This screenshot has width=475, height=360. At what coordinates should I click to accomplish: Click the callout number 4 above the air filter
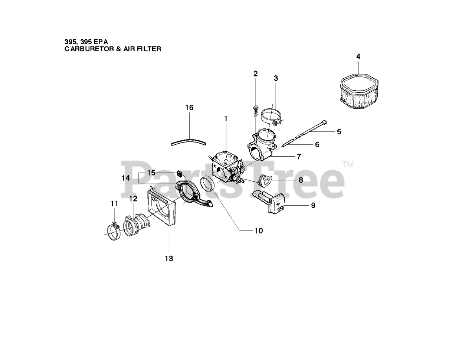358,57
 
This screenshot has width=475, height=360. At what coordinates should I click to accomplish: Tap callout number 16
189,108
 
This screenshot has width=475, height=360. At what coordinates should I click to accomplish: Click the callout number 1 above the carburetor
225,119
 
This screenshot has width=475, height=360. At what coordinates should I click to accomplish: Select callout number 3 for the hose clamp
276,78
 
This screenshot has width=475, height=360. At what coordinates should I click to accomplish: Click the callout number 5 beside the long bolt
339,131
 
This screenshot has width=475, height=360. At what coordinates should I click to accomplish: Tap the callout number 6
317,145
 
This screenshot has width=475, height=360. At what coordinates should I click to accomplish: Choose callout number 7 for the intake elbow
299,157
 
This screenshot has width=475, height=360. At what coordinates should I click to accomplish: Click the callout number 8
301,180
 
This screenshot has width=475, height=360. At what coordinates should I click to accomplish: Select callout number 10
258,231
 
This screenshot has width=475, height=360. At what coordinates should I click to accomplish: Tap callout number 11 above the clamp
114,204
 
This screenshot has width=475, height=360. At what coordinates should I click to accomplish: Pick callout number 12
133,199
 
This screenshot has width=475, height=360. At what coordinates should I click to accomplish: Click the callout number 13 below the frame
169,258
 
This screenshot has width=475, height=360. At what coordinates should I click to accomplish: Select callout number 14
126,178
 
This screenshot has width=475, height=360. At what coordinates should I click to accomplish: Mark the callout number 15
151,173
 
